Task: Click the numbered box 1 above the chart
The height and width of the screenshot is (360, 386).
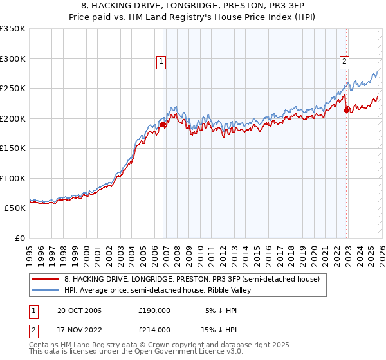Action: tap(160, 62)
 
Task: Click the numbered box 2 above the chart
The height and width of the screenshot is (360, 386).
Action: tap(344, 62)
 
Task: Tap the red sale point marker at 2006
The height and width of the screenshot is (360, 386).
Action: tap(163, 125)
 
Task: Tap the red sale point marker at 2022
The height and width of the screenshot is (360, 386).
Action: tap(347, 110)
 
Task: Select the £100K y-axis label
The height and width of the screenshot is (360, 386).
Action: tap(13, 178)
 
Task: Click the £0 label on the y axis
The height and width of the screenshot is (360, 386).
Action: tap(19, 238)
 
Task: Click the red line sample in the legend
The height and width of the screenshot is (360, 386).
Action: tap(46, 278)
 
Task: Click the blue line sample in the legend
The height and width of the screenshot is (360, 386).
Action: tap(46, 290)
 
